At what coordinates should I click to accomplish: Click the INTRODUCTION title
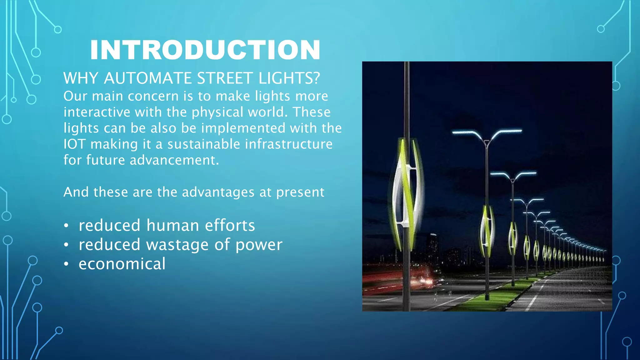click(x=205, y=50)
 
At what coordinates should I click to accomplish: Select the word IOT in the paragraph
click(x=74, y=144)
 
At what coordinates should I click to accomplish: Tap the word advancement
click(x=174, y=160)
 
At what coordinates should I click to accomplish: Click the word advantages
click(x=218, y=192)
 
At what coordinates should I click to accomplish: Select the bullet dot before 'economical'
click(x=66, y=264)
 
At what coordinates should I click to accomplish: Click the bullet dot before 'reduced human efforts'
click(x=66, y=226)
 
